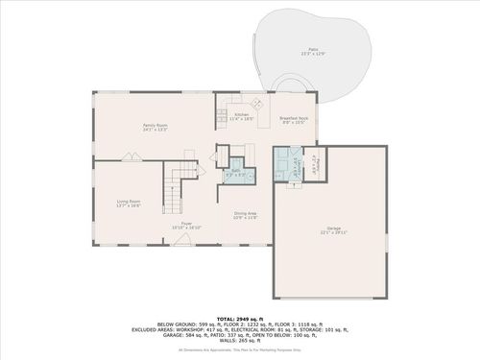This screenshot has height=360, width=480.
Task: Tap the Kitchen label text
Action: point(242,115)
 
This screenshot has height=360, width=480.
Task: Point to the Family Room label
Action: point(156,125)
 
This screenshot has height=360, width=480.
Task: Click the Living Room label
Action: point(129,201)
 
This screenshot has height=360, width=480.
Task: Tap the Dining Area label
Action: point(246,213)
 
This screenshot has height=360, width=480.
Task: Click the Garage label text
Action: point(330,228)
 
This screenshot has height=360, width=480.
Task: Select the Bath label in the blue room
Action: point(235,171)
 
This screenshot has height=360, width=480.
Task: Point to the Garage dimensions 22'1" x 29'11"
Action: point(330,232)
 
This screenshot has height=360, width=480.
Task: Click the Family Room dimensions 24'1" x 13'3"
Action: point(156,130)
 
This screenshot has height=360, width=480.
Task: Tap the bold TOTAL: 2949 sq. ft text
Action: point(239,317)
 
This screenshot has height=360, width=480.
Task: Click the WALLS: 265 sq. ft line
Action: point(239,341)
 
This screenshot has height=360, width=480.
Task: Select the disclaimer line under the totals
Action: point(239,349)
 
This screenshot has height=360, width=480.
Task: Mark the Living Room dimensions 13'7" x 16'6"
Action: point(129,205)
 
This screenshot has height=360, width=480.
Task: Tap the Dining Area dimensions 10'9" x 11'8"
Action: point(246,218)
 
